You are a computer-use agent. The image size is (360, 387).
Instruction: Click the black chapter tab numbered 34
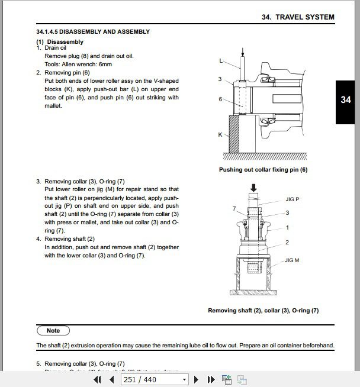[346, 101]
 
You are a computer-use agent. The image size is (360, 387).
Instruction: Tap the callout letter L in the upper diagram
[221, 60]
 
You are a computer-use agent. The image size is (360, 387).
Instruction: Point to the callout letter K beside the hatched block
[220, 135]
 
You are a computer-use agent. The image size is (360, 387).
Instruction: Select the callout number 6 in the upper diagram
[220, 99]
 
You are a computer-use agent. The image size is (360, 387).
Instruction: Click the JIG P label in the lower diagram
[292, 199]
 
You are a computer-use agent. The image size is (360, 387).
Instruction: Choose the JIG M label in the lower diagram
[293, 260]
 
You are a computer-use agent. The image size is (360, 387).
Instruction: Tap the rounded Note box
[53, 331]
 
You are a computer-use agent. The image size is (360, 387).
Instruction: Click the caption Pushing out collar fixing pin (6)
[263, 170]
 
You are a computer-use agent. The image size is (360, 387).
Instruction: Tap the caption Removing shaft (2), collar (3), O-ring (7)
[263, 310]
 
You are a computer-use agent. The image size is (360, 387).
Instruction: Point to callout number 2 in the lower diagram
[287, 243]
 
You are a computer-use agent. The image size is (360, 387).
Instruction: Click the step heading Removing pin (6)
[67, 73]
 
